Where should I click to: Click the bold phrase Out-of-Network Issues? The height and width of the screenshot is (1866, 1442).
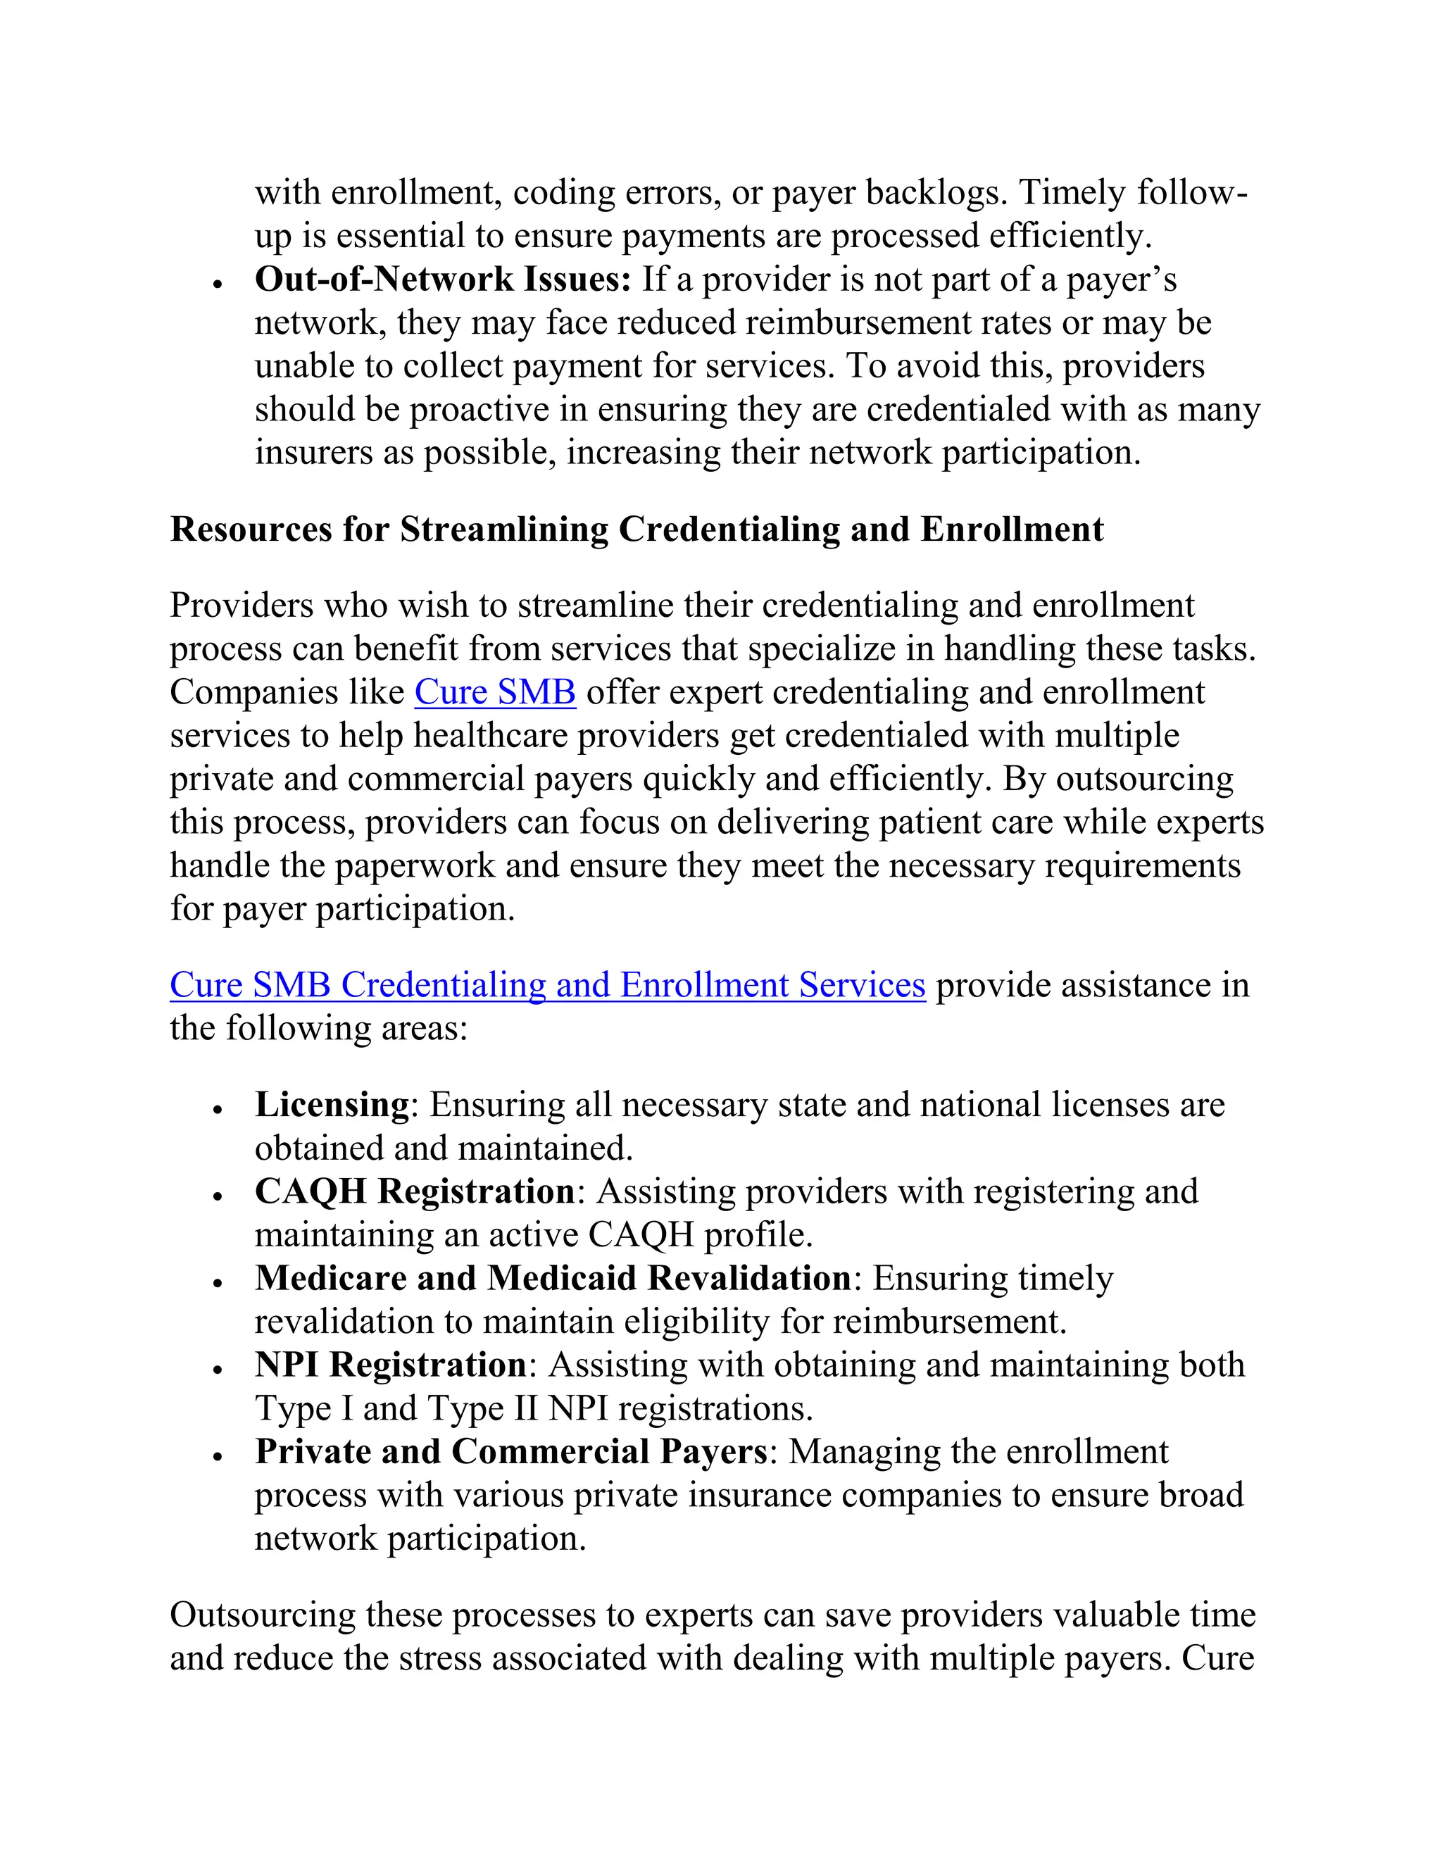(442, 280)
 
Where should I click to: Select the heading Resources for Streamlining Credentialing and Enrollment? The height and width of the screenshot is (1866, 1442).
(637, 529)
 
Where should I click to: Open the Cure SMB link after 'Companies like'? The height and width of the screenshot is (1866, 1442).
(494, 692)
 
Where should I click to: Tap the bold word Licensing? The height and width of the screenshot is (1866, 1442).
(332, 1105)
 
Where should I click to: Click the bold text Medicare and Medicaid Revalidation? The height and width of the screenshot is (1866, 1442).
(553, 1278)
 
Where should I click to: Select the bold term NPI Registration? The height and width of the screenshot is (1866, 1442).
(390, 1365)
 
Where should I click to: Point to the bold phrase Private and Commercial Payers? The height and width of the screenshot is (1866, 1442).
(511, 1452)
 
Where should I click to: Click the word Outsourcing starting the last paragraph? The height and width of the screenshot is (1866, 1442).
(262, 1615)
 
